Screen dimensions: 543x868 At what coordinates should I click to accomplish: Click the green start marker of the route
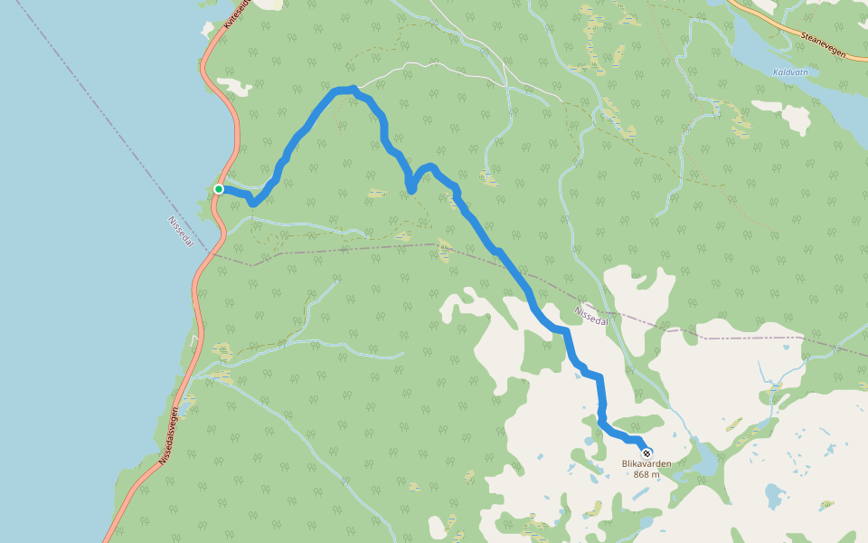pyautogui.click(x=219, y=189)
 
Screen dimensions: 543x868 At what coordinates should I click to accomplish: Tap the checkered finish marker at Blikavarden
pyautogui.click(x=646, y=452)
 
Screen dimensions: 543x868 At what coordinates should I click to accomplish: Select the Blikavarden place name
pyautogui.click(x=646, y=464)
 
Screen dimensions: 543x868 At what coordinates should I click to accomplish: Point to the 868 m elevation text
pyautogui.click(x=646, y=474)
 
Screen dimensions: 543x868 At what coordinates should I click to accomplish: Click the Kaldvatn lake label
pyautogui.click(x=789, y=71)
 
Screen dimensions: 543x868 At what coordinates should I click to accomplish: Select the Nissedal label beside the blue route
pyautogui.click(x=592, y=317)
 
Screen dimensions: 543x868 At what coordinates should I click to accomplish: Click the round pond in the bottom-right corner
pyautogui.click(x=774, y=494)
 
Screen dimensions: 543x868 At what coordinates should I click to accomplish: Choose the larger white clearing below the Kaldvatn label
pyautogui.click(x=796, y=119)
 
